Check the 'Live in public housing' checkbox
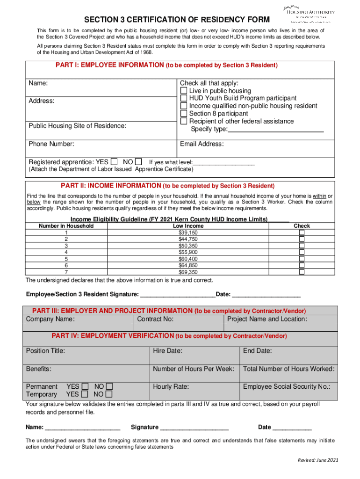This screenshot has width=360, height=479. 184,91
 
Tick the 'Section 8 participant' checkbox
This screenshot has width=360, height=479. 184,114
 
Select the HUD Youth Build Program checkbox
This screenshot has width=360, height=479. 184,98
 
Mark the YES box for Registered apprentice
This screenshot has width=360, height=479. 115,162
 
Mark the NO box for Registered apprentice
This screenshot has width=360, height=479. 138,162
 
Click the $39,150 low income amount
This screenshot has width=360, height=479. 188,232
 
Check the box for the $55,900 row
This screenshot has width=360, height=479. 302,252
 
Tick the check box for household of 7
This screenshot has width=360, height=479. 302,272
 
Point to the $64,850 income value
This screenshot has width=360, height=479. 188,265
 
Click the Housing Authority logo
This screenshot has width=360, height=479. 309,14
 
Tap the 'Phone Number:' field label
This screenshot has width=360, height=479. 51,144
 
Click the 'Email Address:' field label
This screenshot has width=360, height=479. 202,144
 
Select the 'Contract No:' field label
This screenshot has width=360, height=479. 155,319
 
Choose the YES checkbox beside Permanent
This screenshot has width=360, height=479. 85,386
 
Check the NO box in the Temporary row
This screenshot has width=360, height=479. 109,394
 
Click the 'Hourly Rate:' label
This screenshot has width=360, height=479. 171,386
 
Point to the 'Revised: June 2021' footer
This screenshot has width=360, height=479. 317,460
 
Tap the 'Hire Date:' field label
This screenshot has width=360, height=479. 167,351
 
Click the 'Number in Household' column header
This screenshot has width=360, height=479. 66,226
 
